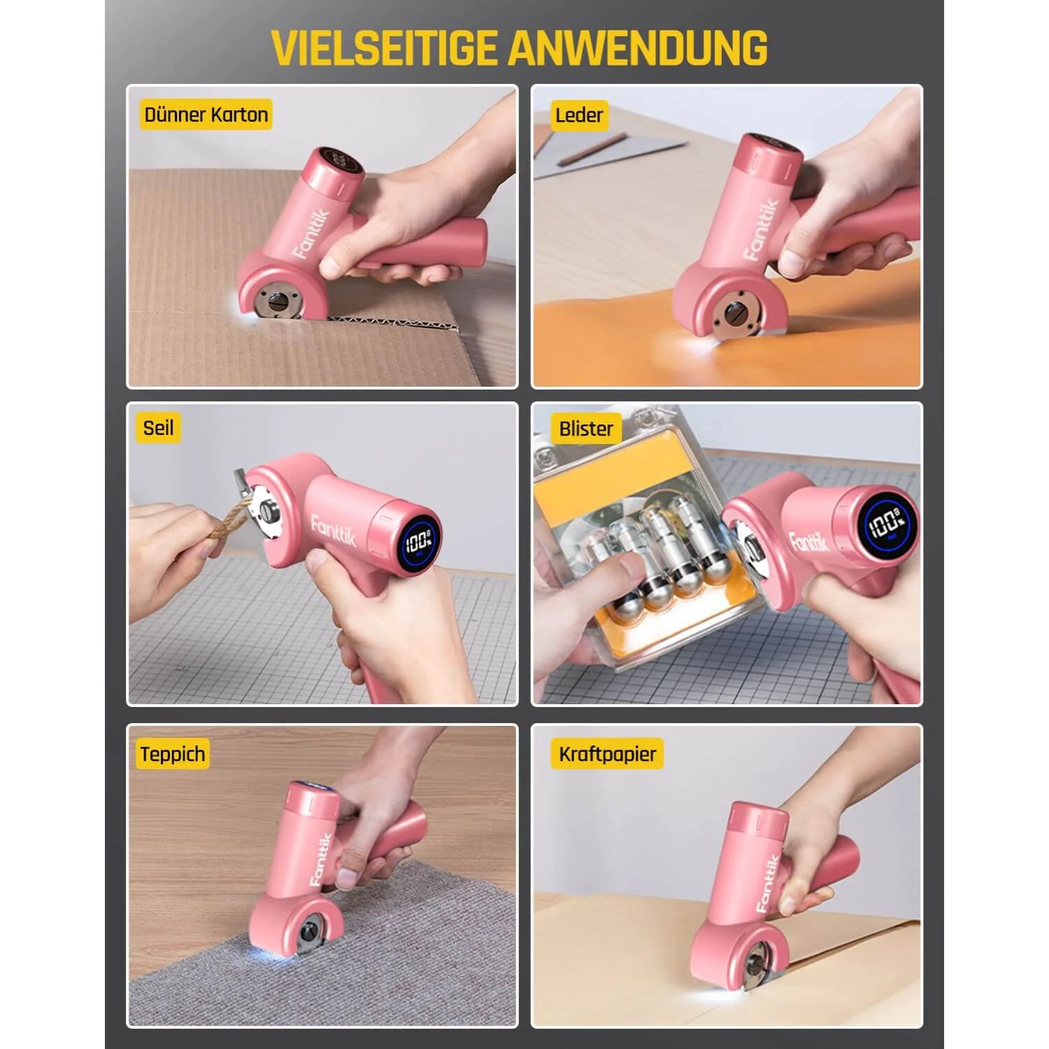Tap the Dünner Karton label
coord(206,115)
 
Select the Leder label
coord(578,115)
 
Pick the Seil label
coord(158,428)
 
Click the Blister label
coord(585,429)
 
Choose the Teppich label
coord(173,754)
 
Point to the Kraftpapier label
coord(607,754)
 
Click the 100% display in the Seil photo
coord(418,541)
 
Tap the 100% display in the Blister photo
coord(885,523)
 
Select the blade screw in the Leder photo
coord(734,313)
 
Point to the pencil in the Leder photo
coord(591,150)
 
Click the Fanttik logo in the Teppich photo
coord(320,858)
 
